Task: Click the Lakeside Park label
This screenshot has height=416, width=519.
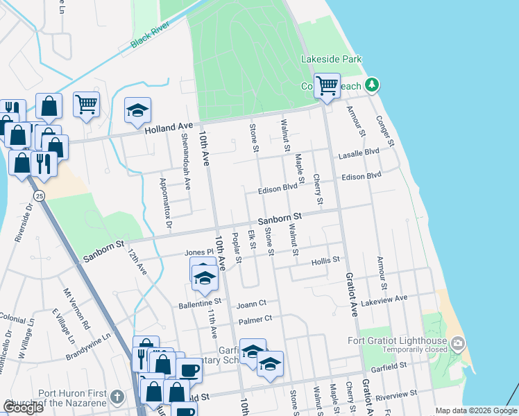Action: [331, 60]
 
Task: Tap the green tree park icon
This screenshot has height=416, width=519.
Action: [373, 85]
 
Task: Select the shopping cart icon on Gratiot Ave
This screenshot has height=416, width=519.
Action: [327, 87]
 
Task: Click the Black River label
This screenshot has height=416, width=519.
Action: [150, 40]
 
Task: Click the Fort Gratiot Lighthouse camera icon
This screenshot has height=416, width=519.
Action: [457, 343]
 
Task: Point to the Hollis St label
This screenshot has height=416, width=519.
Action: [325, 260]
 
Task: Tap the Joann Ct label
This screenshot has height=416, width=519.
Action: [252, 303]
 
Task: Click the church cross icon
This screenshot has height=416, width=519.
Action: [118, 397]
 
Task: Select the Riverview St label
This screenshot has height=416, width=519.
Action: [395, 394]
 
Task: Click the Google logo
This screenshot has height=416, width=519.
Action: [24, 408]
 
